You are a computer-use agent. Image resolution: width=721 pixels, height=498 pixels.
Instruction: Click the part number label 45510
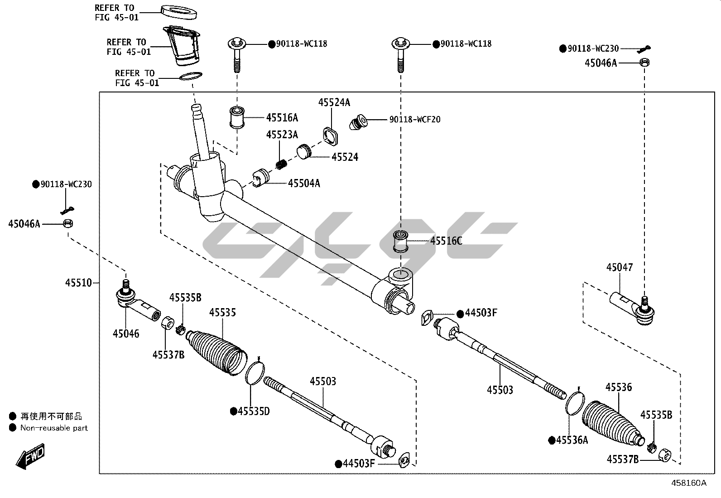(78, 283)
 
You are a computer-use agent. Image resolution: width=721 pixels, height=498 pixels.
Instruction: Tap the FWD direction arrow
(31, 457)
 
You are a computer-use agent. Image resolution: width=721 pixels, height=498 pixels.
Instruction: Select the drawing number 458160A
(688, 483)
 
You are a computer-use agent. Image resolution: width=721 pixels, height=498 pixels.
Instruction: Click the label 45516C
(446, 241)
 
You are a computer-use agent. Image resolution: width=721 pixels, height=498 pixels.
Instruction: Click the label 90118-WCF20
(414, 120)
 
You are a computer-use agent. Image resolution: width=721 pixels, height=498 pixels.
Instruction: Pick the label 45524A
(334, 102)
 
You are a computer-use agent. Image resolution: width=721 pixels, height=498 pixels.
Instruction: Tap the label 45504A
(304, 183)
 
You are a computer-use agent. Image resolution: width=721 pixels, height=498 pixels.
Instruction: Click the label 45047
(620, 267)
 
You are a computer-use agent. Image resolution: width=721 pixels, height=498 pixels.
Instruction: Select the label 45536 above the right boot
(619, 387)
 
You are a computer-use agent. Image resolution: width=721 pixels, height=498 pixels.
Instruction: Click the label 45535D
(254, 411)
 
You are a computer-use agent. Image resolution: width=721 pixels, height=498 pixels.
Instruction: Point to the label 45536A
(572, 440)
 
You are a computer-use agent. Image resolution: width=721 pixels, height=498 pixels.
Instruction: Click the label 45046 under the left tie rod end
(126, 334)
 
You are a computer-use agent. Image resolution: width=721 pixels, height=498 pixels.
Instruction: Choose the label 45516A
(282, 118)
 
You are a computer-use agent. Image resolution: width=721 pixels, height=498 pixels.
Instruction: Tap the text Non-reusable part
(54, 428)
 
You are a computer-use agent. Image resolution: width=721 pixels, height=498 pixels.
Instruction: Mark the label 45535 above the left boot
(222, 313)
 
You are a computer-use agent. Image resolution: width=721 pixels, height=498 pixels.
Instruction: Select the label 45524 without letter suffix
(345, 157)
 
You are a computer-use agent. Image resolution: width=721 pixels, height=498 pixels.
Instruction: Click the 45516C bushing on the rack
(400, 241)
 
